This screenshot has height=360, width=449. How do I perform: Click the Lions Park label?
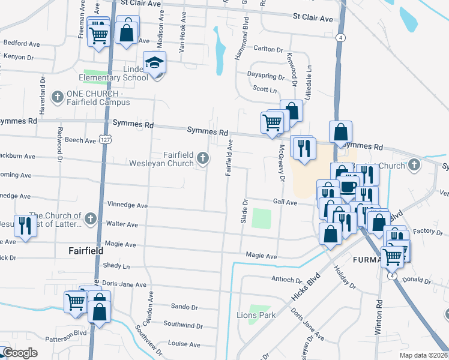click(x=256, y=315)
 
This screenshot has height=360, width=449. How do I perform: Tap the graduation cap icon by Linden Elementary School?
click(x=155, y=62)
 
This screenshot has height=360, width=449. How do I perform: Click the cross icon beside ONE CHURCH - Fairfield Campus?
click(x=58, y=97)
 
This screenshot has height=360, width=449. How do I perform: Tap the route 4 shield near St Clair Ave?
click(x=340, y=37)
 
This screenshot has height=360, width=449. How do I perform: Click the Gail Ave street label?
click(x=285, y=203)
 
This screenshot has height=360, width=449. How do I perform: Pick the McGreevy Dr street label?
click(x=280, y=162)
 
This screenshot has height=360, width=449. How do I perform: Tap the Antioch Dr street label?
click(x=286, y=280)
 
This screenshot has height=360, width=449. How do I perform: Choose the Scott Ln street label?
click(x=264, y=89)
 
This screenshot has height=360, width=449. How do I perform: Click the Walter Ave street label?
click(x=122, y=224)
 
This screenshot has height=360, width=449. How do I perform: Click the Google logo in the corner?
click(x=20, y=353)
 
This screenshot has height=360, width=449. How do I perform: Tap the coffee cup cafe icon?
click(x=349, y=185)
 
